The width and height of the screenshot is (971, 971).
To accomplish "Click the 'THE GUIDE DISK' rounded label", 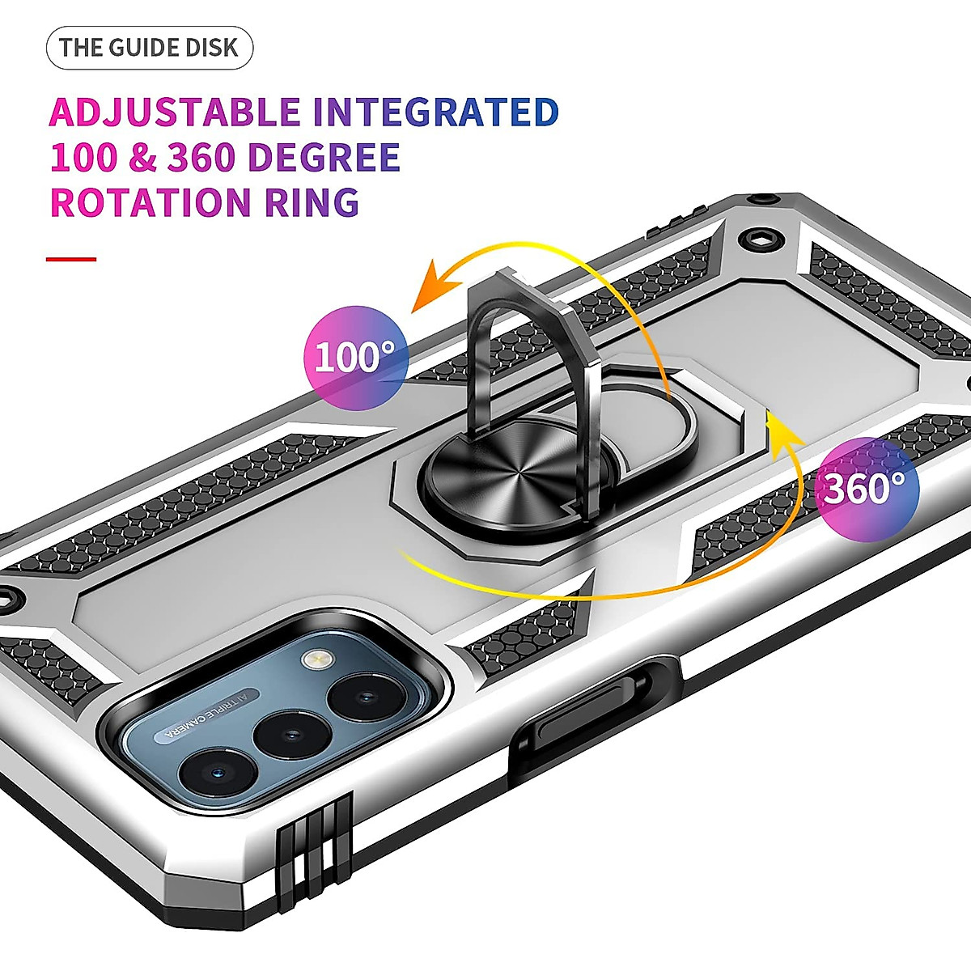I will pos(149,48).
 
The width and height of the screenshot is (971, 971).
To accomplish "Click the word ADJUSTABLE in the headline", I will pos(175,112).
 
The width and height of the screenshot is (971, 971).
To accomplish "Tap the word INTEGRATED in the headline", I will pos(435,112).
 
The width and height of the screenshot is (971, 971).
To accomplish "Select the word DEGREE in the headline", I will pos(324,158).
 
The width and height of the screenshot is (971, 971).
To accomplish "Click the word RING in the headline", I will pos(312,202).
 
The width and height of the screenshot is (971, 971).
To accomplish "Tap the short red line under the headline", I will pos(71,260).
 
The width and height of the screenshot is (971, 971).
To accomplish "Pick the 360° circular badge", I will pos(865,488).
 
